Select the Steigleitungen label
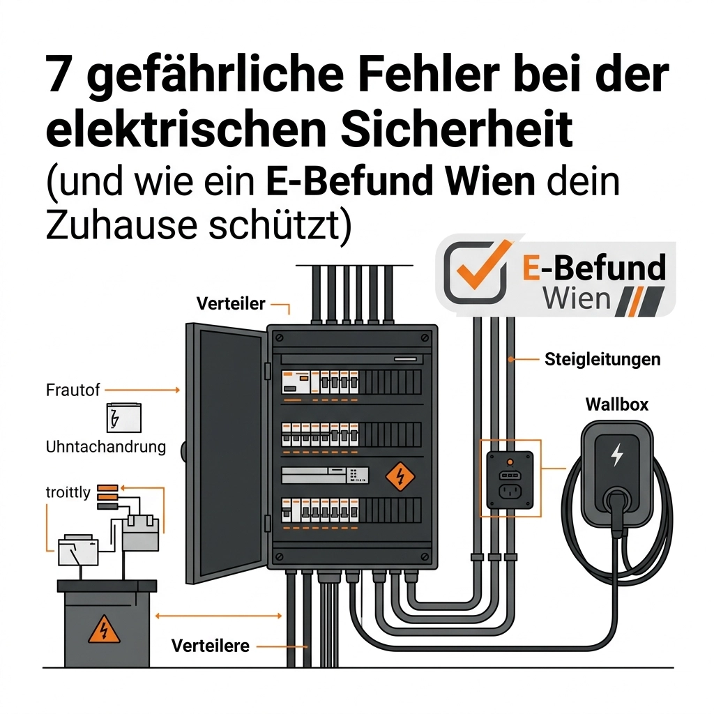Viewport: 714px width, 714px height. point(602,359)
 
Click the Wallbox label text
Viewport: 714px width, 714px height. point(617,404)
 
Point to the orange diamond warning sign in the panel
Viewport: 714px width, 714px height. point(400,476)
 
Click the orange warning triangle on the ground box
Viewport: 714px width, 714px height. point(105,630)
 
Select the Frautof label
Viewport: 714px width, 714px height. point(73,390)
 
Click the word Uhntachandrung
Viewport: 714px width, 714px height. point(106,447)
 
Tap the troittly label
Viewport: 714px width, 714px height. point(68,492)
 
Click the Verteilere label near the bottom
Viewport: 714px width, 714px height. point(211,646)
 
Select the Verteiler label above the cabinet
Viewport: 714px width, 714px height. point(231,303)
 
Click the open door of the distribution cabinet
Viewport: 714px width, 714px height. point(226,453)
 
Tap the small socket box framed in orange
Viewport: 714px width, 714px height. point(510,480)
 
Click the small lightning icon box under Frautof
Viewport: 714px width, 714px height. point(124,418)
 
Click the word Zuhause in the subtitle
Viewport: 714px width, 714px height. point(121,225)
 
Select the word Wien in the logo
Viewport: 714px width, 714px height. point(577,298)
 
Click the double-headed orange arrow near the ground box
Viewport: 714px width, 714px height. point(218,616)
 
